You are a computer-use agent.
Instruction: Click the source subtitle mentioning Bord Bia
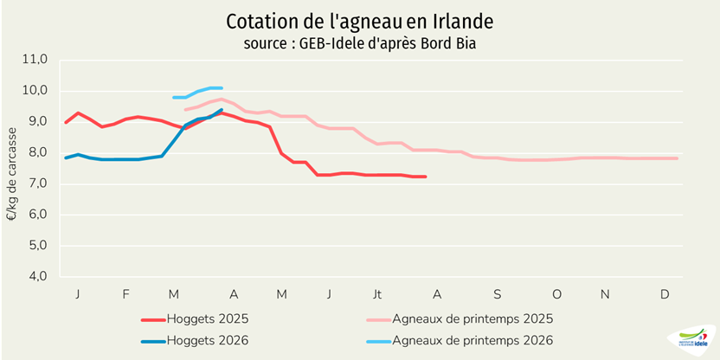[x=360, y=43]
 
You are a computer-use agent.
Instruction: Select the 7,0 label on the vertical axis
[x=35, y=183]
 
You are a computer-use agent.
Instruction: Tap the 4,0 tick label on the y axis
[x=35, y=277]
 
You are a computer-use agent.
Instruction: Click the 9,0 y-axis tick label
[x=35, y=122]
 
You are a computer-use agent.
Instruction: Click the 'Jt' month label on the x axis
[x=377, y=295]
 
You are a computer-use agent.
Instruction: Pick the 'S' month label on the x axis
[x=498, y=295]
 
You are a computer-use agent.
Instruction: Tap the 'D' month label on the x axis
[x=665, y=295]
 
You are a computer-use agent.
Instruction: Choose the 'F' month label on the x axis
[x=125, y=295]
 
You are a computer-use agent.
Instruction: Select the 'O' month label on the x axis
[x=556, y=295]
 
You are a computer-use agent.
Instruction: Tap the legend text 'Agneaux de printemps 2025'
[x=472, y=319]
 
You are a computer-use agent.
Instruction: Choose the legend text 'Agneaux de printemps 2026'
[x=472, y=341]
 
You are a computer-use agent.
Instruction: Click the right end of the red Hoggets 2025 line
[x=425, y=177]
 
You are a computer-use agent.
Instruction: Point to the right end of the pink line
[x=676, y=158]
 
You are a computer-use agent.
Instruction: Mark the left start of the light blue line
[x=175, y=97]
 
